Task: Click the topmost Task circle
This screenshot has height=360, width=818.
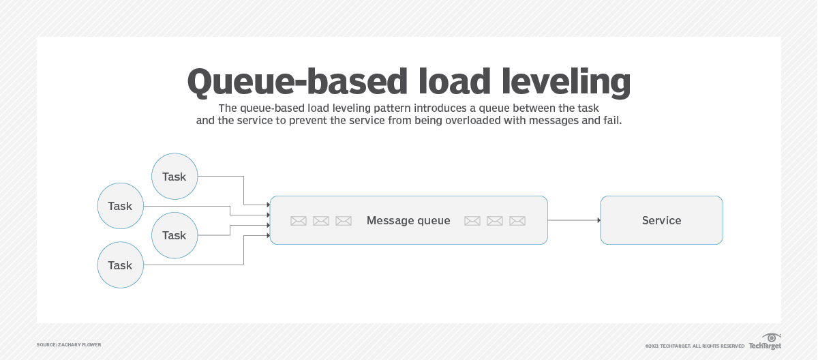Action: pos(174,177)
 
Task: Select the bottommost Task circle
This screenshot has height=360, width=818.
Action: pos(120,265)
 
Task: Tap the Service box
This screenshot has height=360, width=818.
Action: pos(661,220)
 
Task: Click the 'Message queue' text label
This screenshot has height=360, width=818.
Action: pos(408,220)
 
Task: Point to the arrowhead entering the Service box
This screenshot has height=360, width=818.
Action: pos(598,220)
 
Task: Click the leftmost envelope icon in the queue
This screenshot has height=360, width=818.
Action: pos(299,221)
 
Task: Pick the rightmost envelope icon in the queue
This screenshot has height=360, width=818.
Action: pos(517,221)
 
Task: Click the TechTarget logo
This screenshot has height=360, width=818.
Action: pos(765,342)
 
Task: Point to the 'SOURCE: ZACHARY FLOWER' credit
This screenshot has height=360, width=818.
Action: pos(69,345)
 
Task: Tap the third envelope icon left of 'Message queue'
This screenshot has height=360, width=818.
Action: pos(344,221)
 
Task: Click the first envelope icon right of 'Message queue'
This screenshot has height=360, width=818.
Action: pos(472,221)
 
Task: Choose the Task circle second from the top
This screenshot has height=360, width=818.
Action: pos(120,206)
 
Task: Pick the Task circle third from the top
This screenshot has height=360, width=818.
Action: pos(174,235)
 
